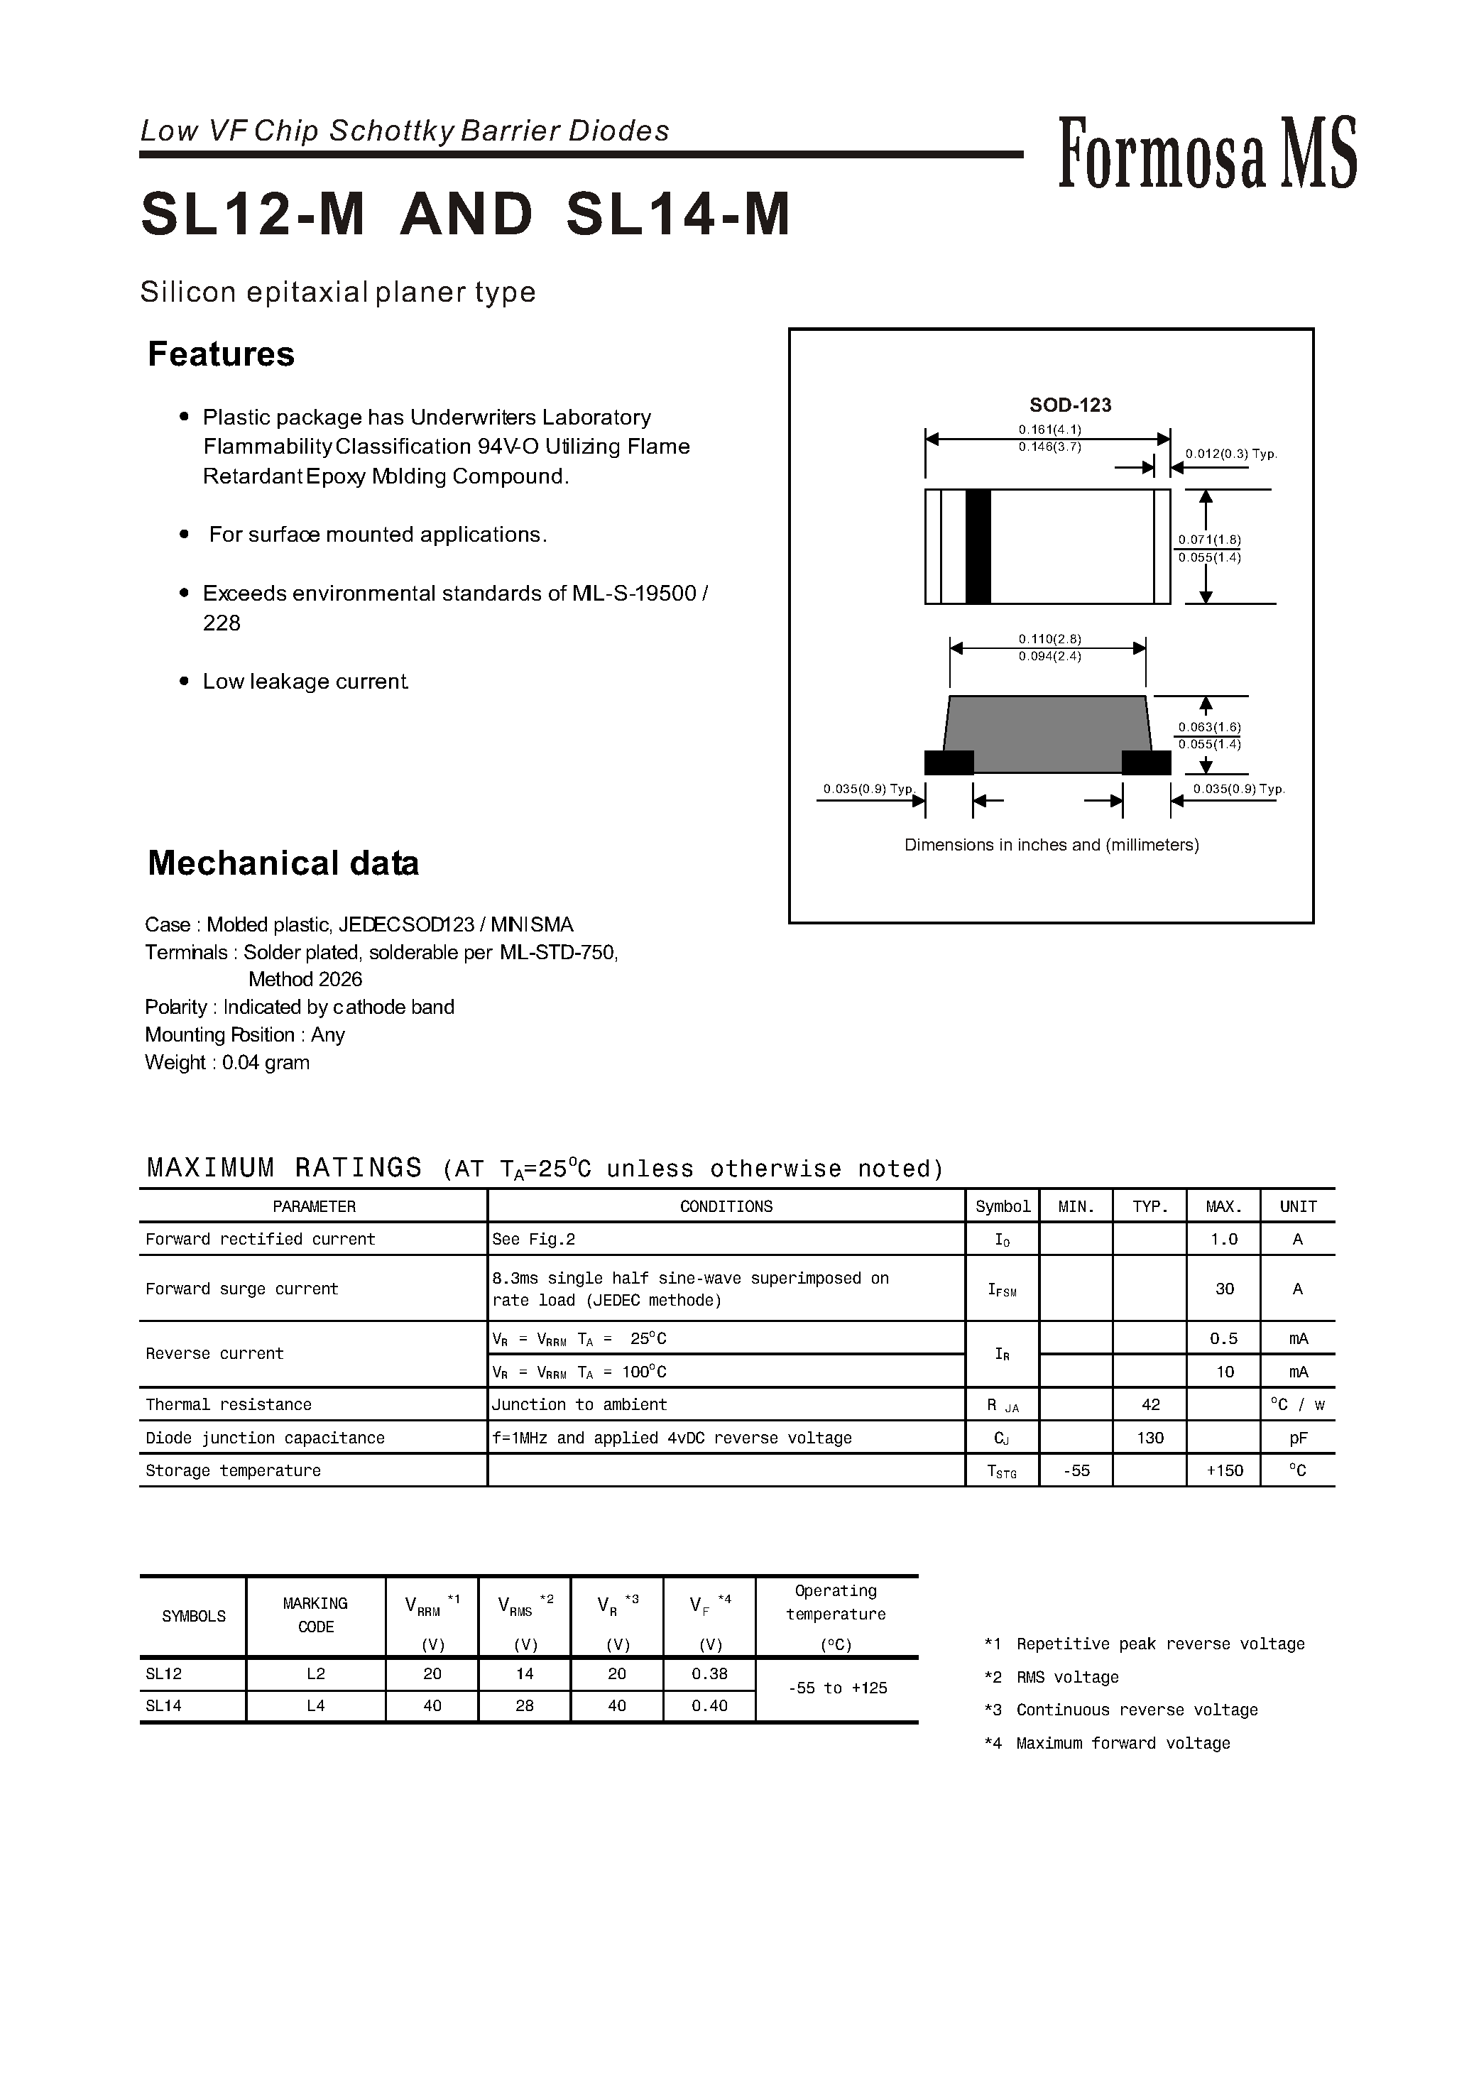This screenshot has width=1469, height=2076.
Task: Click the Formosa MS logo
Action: (1207, 154)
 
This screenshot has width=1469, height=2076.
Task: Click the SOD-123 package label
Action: (1069, 405)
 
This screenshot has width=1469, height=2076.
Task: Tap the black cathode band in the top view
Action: (978, 547)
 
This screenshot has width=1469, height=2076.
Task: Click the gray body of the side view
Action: (1047, 733)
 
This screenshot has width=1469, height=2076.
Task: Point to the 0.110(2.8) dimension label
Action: (1049, 638)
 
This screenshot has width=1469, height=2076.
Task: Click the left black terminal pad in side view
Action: (949, 763)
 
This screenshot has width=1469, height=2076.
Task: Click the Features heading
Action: (221, 354)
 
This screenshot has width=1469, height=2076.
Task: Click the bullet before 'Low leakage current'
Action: (185, 681)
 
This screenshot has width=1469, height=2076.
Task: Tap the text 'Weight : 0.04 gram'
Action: (227, 1062)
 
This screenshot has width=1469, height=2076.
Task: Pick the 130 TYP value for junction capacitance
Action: (1149, 1438)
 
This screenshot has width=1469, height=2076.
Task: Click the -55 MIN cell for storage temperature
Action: (1076, 1471)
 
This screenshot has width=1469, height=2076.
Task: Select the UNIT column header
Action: (1297, 1207)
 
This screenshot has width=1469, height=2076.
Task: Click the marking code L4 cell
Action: (316, 1705)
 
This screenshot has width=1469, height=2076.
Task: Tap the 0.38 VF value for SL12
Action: (709, 1673)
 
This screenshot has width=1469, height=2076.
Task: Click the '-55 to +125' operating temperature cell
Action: (836, 1688)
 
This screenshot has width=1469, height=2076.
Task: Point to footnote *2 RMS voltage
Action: (1052, 1677)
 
